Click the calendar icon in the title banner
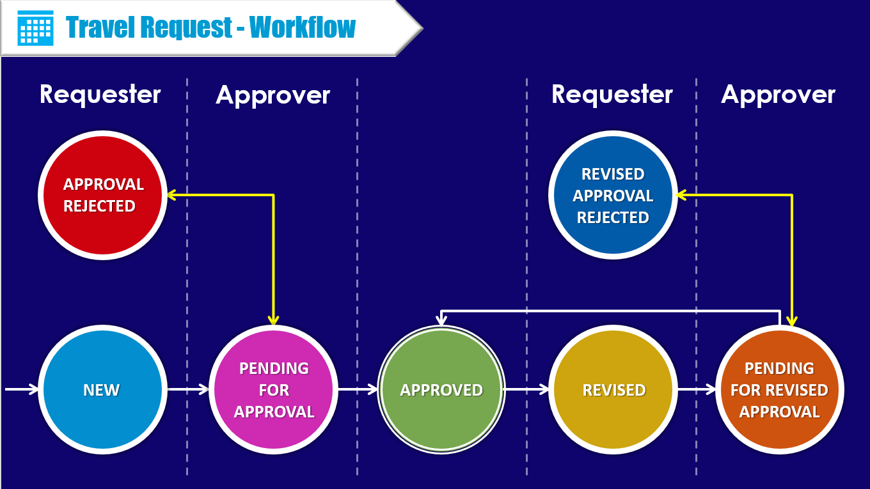(35, 27)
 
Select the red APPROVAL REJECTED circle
(102, 194)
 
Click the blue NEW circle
(101, 390)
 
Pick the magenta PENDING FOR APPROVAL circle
(274, 390)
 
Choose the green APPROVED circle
(441, 390)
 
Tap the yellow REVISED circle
(614, 390)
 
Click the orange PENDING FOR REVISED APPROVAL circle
(779, 390)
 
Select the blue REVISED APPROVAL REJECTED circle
(613, 196)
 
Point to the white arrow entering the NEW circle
(23, 389)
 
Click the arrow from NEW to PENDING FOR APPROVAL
(188, 389)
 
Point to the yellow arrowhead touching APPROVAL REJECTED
(173, 194)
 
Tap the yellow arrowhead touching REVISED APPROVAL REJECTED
(682, 194)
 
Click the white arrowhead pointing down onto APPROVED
(442, 319)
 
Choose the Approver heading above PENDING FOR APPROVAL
(273, 95)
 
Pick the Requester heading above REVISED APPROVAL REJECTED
(612, 95)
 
